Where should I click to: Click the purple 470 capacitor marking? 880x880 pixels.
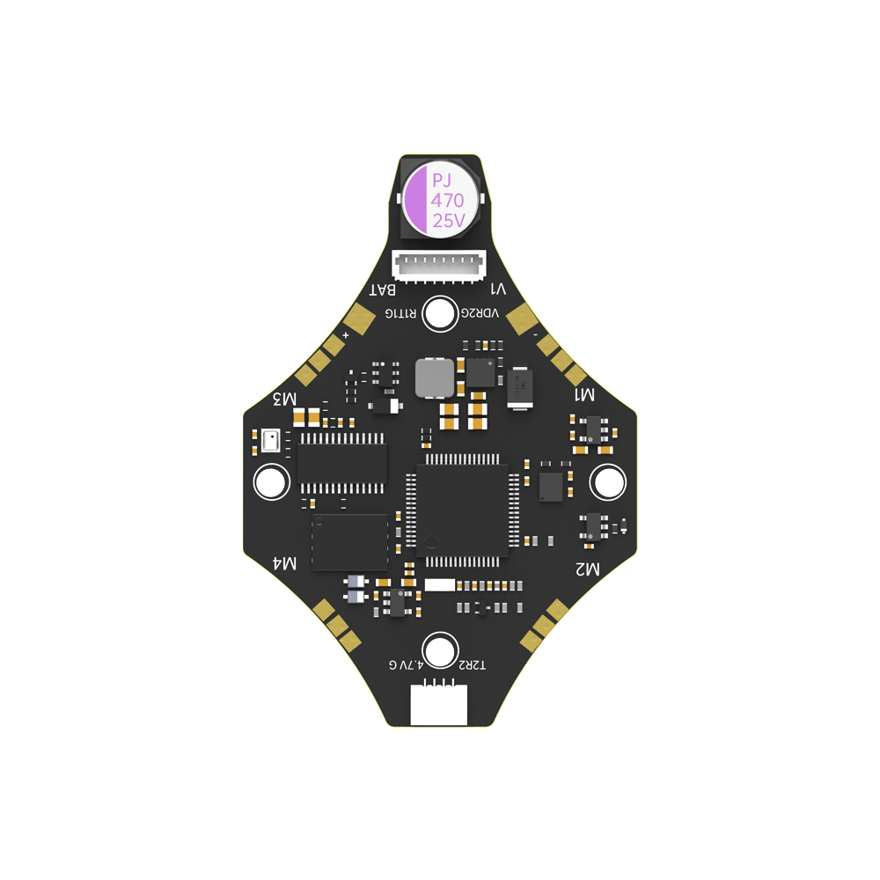[x=447, y=201]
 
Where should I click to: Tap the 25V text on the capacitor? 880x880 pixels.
[x=449, y=221]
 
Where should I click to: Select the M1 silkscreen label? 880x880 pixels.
[x=584, y=395]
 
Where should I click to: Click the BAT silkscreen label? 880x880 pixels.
[x=384, y=290]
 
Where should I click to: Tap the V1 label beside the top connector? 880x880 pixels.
[x=498, y=290]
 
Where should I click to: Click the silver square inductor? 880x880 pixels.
[x=434, y=378]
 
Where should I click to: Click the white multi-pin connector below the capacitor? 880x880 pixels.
[x=439, y=264]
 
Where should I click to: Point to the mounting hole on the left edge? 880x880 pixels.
[x=271, y=481]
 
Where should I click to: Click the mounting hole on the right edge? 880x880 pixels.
[x=607, y=481]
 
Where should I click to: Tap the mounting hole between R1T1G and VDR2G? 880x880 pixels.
[x=439, y=314]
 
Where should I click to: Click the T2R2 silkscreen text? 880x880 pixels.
[x=471, y=665]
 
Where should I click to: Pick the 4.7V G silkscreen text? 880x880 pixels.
[x=406, y=664]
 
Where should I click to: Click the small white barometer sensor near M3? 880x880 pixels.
[x=270, y=439]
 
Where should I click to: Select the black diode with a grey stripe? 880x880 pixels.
[x=519, y=387]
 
